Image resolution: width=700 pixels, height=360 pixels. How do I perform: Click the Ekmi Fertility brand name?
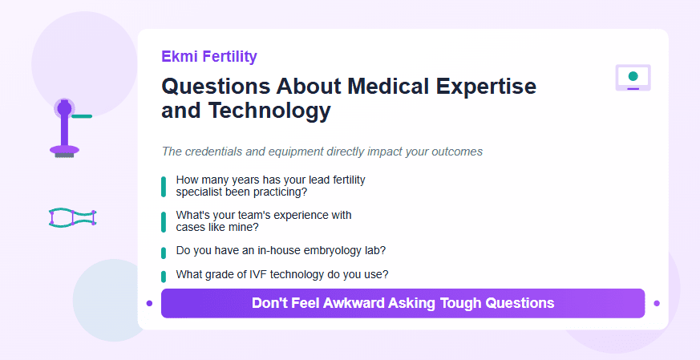point(209,57)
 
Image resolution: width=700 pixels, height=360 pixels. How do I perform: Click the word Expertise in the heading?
point(486,86)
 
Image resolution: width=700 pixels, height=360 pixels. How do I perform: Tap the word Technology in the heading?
point(269,111)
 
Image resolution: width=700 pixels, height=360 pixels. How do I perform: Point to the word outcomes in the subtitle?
point(457,152)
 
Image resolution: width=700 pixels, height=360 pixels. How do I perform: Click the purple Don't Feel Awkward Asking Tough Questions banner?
point(403,303)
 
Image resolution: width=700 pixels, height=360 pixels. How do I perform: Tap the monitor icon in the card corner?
point(633,78)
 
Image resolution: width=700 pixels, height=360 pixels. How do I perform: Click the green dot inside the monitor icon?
point(633,76)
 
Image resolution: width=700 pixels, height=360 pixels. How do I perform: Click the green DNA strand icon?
point(72,217)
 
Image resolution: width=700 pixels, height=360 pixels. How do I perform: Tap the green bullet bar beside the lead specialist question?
point(164,186)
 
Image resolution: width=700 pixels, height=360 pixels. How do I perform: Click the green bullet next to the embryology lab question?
point(164,253)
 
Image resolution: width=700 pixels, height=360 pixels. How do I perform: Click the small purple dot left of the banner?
point(150,303)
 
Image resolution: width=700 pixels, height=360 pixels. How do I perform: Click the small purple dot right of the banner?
point(657,303)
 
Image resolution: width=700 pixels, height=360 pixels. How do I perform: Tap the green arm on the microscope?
point(82,116)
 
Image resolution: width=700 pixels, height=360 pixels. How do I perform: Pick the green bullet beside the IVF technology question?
point(164,277)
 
